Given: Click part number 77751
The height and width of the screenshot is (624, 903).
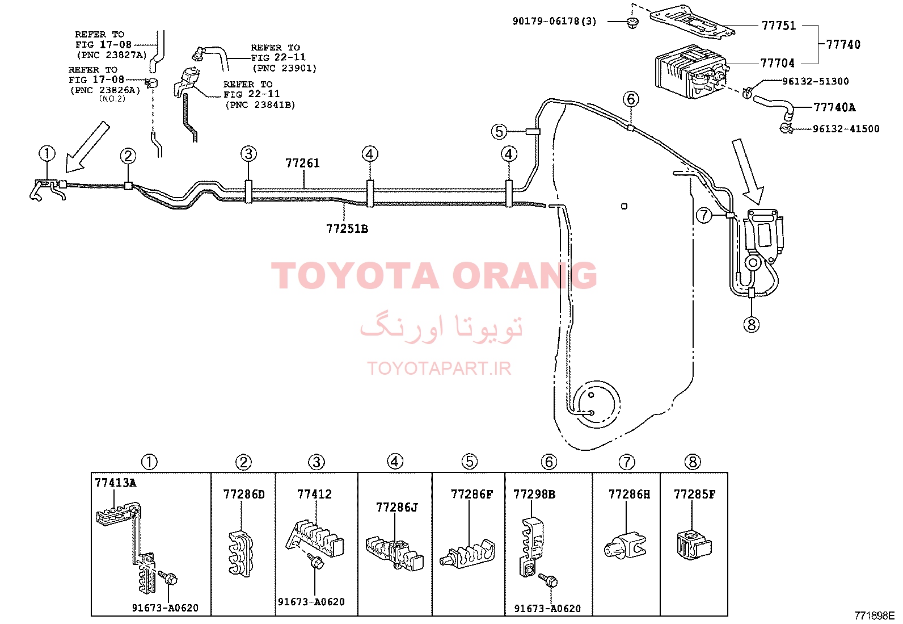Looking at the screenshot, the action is coord(778,26).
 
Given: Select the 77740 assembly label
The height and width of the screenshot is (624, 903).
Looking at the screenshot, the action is coord(843,44).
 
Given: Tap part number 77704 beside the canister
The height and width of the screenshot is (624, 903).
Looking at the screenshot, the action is coord(777,63).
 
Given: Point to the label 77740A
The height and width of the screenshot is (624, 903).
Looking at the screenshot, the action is coord(834,107).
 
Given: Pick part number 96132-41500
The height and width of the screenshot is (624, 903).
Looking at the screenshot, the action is coord(846,129).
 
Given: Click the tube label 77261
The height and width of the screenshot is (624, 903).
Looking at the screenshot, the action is coord(302,163).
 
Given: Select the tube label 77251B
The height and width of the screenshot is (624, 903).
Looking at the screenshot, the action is coord(347,229).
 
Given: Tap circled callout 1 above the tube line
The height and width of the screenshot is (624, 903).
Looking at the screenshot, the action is coord(47,153).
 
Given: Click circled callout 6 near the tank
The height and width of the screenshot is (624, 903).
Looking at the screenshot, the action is coord(631,99).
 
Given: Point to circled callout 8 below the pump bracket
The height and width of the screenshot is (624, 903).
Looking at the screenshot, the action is coord(752,324).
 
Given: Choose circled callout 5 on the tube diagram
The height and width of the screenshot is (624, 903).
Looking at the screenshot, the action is coord(500,132).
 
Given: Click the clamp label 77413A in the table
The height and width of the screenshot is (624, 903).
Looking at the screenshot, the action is coord(115,483).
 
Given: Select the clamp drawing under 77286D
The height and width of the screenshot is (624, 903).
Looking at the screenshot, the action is coord(241,554).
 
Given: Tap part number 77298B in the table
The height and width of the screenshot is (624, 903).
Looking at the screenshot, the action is coord(534,494).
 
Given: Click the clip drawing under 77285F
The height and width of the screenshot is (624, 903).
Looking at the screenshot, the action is coord(694,545).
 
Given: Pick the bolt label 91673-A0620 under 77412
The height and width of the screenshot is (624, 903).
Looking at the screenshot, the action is coord(311,602).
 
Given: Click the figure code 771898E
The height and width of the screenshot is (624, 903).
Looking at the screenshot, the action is coord(875,615).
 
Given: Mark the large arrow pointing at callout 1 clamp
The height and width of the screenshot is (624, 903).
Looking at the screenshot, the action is coord(87,147).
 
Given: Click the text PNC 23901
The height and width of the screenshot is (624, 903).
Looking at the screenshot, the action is coord(285,68).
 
